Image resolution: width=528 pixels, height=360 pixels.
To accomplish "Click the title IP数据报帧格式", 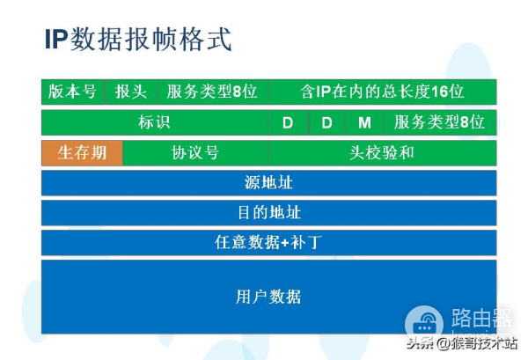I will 138,41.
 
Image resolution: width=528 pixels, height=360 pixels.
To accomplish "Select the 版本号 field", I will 72,92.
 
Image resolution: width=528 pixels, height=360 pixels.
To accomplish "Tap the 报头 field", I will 130,92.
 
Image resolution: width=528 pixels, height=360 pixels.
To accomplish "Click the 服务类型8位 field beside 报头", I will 211,92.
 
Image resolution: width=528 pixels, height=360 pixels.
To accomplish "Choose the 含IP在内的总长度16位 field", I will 382,92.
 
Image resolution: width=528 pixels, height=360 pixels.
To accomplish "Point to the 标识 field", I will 154,122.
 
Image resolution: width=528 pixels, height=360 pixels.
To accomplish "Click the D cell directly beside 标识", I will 288,122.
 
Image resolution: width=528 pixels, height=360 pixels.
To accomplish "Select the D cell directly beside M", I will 326,122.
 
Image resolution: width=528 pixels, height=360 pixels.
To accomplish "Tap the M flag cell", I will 364,122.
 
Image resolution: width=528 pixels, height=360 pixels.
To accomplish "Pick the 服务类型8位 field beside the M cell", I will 439,122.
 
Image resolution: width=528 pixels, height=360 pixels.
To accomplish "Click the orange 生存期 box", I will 82,152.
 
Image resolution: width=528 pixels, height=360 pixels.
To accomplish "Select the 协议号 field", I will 194,152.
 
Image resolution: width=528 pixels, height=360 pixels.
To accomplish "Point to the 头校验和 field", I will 382,152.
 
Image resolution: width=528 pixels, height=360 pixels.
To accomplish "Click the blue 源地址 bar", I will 268,183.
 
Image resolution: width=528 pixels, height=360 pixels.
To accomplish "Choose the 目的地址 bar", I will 268,213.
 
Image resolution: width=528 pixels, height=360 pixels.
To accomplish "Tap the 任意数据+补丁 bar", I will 268,242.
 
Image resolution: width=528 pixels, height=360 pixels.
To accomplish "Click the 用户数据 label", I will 268,297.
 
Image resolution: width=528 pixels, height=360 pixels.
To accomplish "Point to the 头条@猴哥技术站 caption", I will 466,345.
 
